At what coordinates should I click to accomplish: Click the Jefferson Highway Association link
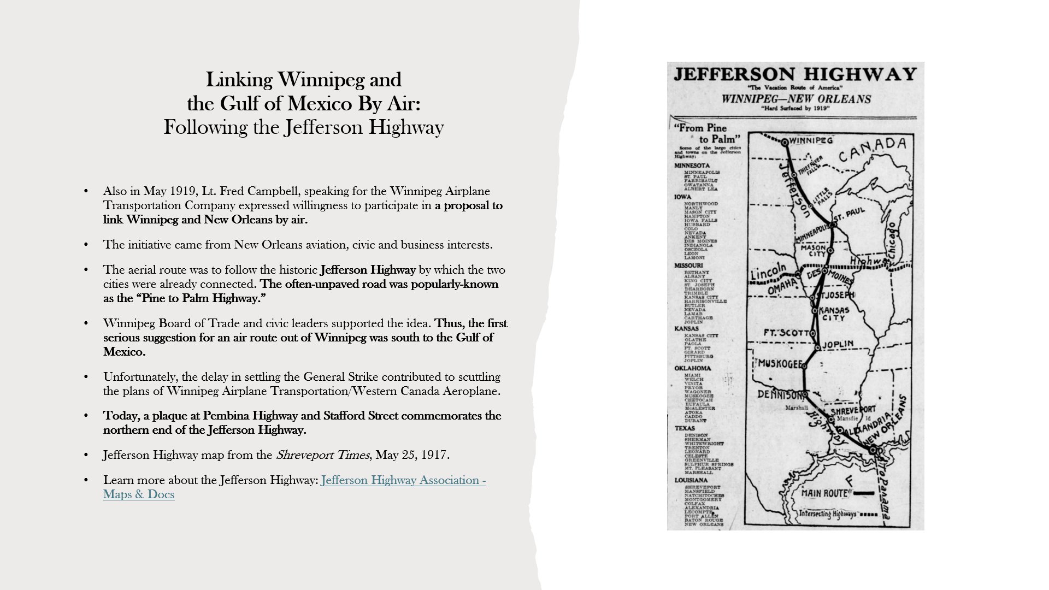[403, 480]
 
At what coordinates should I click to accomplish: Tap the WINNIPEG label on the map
[811, 140]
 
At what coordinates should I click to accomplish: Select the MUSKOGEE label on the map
[780, 364]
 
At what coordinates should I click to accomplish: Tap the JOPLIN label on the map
[838, 345]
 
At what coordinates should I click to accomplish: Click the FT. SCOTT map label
[782, 333]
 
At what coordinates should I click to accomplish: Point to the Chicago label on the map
[893, 241]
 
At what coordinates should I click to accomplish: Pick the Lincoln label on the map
[768, 272]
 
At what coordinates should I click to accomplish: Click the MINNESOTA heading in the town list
[692, 166]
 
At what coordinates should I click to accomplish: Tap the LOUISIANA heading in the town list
[691, 480]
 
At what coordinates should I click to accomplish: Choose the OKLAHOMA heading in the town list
[692, 368]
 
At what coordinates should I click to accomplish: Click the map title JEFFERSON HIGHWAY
[795, 75]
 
